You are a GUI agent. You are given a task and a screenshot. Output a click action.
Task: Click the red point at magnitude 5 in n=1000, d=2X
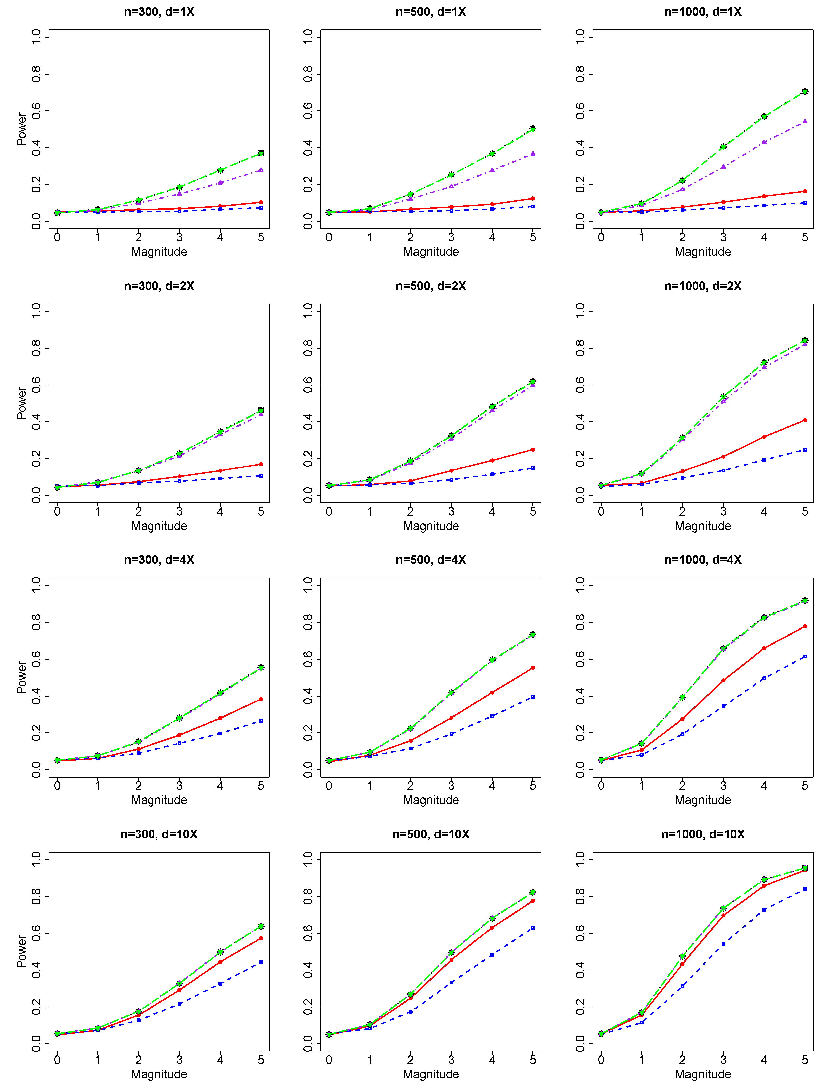point(805,420)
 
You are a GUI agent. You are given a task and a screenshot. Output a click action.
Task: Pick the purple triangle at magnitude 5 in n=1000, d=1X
point(805,121)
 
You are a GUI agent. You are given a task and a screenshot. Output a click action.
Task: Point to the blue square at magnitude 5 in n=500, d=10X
point(533,928)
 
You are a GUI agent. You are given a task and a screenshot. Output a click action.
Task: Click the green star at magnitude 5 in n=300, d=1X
point(261,153)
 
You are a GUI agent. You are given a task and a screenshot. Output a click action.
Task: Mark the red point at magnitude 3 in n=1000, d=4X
point(723,681)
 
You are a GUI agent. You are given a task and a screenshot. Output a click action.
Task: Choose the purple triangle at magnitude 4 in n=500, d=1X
point(492,170)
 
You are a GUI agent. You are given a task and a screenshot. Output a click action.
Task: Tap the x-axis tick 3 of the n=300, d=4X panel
point(179,785)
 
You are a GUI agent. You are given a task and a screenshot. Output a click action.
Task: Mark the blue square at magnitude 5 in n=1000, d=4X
point(805,656)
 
